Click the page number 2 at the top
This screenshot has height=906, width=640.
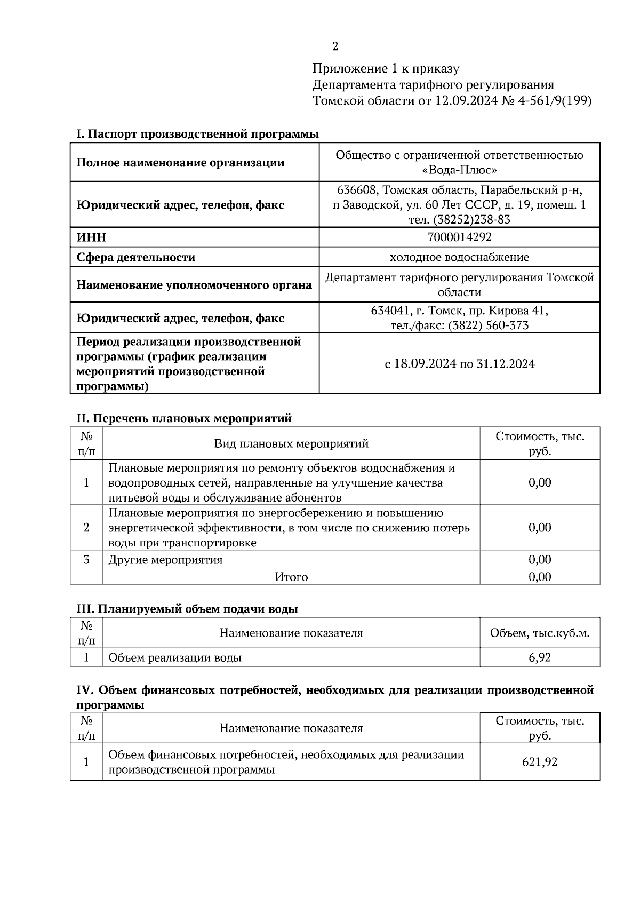[335, 46]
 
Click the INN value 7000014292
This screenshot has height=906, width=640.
[459, 237]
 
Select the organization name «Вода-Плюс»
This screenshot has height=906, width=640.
[459, 170]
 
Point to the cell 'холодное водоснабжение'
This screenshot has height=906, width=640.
[459, 257]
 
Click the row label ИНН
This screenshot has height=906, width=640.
[91, 237]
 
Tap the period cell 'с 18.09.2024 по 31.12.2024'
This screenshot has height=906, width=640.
[459, 364]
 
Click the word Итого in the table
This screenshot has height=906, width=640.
[291, 577]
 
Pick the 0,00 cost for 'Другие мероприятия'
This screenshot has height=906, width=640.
[540, 559]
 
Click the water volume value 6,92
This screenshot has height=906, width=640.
[540, 657]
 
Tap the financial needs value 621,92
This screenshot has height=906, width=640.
[540, 762]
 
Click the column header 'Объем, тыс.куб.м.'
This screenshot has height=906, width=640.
[540, 633]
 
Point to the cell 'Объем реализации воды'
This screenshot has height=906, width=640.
[175, 657]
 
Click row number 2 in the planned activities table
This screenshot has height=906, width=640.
[86, 528]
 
